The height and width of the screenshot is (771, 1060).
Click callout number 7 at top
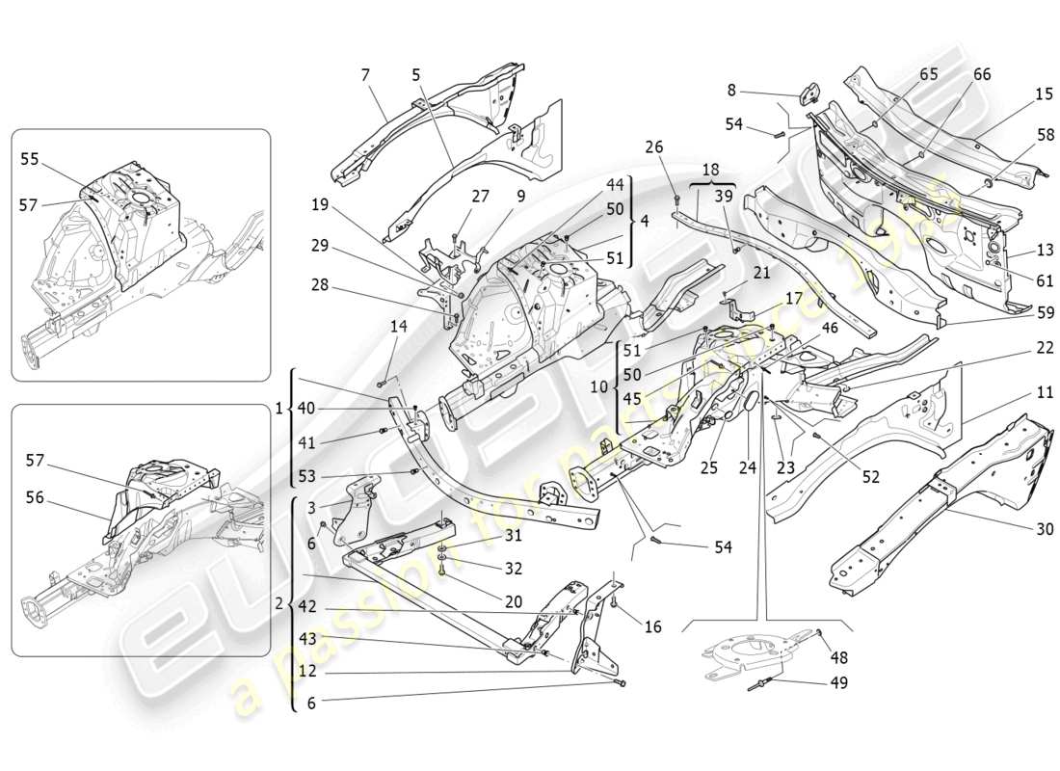365,75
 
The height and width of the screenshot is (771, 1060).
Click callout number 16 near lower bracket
652,626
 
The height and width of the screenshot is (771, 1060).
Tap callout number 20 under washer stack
513,600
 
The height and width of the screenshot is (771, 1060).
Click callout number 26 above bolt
655,147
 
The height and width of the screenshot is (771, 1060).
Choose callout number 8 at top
731,90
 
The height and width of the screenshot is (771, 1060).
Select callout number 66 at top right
981,75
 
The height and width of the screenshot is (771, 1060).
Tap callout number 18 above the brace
709,169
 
